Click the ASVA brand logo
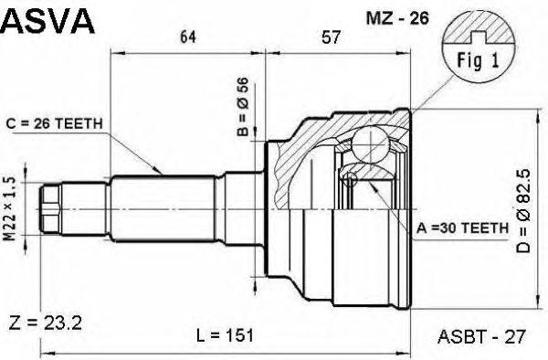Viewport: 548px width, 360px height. click(x=47, y=21)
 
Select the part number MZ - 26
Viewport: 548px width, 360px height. click(x=397, y=18)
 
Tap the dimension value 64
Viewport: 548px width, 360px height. click(x=188, y=37)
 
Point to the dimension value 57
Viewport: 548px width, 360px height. click(x=331, y=37)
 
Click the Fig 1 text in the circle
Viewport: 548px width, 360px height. click(x=479, y=60)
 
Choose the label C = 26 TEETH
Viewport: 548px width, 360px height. click(x=54, y=123)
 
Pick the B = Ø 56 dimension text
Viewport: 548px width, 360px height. click(x=243, y=107)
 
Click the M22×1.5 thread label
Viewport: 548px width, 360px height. click(x=11, y=209)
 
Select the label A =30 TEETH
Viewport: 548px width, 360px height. click(x=462, y=228)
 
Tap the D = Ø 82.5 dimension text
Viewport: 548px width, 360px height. click(x=523, y=211)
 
